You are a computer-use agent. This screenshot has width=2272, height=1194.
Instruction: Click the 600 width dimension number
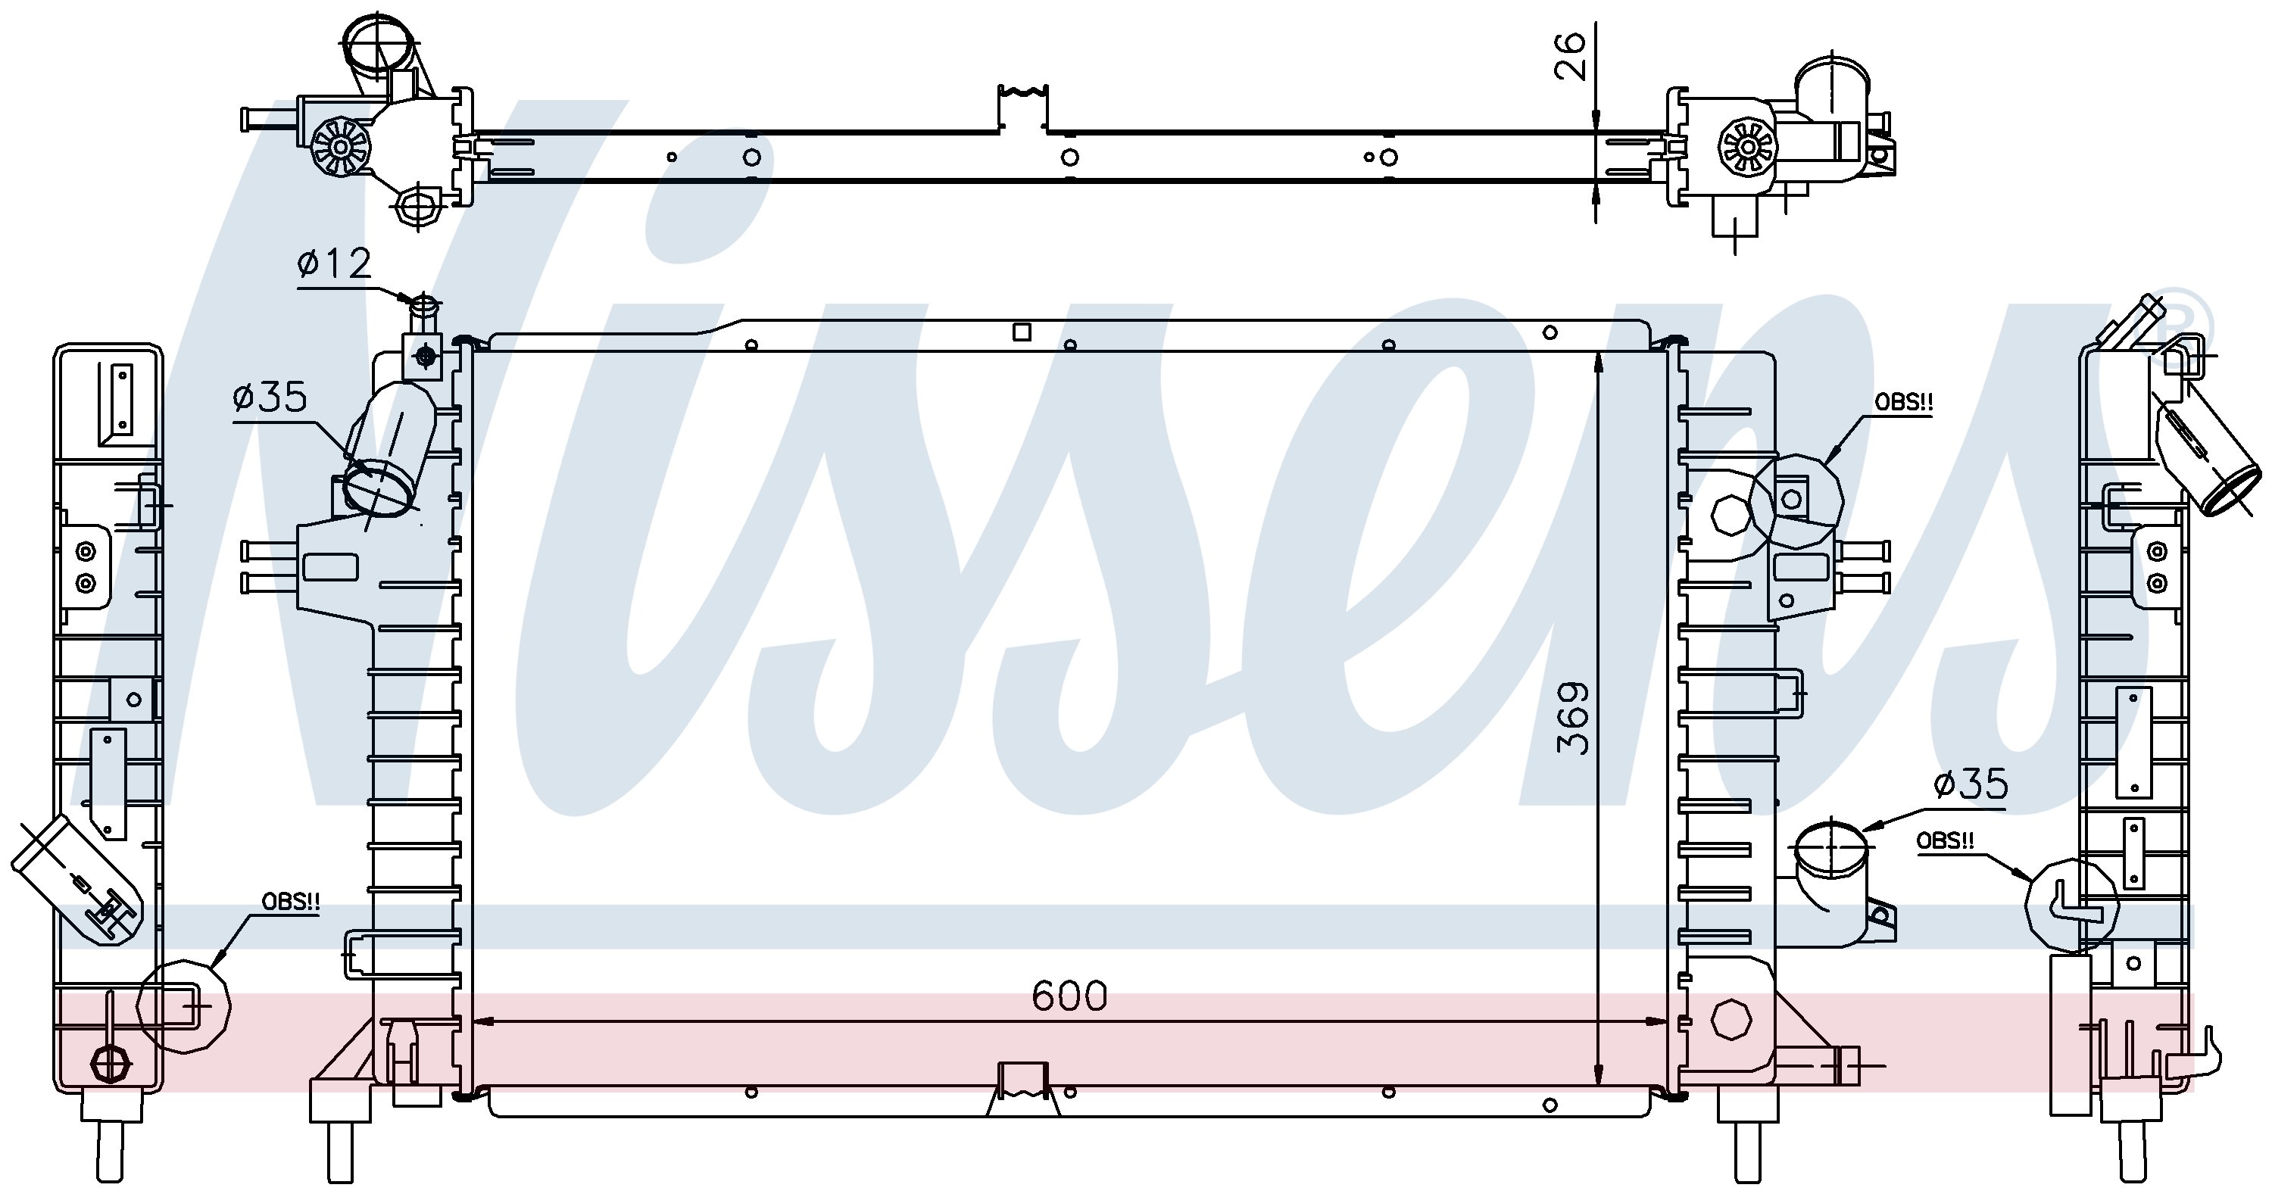coord(1068,996)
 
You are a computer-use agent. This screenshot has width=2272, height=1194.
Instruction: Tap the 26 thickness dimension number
coord(1569,57)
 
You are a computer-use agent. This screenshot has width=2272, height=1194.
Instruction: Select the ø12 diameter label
coord(335,263)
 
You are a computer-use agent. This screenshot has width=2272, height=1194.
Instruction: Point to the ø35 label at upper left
coord(270,397)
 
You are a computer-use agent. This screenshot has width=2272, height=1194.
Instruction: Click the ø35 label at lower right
coord(1971,783)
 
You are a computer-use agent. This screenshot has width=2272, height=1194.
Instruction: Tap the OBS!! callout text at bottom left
coord(290,901)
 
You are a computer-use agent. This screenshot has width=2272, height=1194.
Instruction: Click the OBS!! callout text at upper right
coord(1903,402)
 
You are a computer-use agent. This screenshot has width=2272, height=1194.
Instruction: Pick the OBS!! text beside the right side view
coord(1945,840)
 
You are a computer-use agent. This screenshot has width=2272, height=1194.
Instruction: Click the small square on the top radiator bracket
coord(1022,332)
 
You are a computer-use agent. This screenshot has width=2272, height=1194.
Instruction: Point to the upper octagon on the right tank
coord(1731,515)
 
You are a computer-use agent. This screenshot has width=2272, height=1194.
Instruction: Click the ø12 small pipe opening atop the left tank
coord(425,305)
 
